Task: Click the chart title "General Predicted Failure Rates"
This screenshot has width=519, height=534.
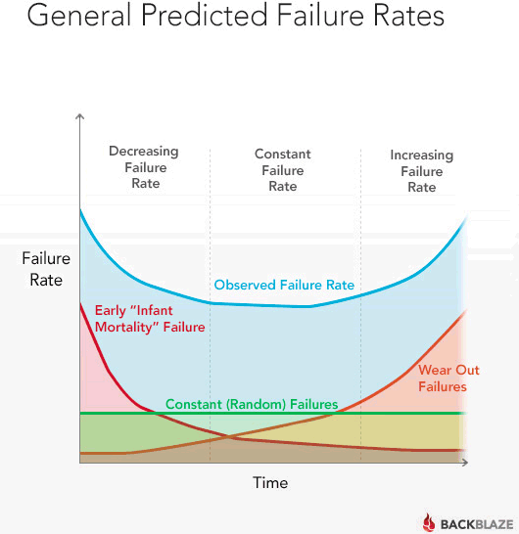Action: click(236, 16)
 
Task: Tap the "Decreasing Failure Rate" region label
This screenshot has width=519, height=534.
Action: click(144, 167)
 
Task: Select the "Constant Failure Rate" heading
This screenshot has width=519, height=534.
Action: click(283, 170)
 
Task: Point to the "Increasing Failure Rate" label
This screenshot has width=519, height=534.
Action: click(422, 171)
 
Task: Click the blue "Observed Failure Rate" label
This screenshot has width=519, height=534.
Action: click(284, 285)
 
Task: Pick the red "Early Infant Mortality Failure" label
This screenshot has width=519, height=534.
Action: click(150, 319)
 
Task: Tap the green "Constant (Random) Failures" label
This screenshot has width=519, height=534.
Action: click(252, 404)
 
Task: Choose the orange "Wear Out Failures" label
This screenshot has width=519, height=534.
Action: click(448, 378)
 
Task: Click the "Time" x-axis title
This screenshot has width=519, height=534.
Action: click(270, 482)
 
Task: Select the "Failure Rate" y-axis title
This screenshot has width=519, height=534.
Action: click(46, 269)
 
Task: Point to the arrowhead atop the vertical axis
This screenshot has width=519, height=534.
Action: click(79, 116)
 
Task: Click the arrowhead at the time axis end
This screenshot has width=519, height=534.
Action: click(465, 463)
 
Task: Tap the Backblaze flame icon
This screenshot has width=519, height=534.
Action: click(429, 523)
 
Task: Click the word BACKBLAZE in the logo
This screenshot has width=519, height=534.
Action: click(477, 524)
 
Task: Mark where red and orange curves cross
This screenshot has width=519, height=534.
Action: click(227, 436)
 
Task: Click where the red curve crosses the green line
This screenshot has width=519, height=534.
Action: click(153, 413)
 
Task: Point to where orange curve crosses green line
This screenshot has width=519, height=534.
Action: click(335, 413)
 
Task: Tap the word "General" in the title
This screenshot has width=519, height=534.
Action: click(78, 16)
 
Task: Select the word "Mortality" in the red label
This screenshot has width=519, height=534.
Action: click(128, 328)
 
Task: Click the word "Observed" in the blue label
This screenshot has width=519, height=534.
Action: click(245, 285)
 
